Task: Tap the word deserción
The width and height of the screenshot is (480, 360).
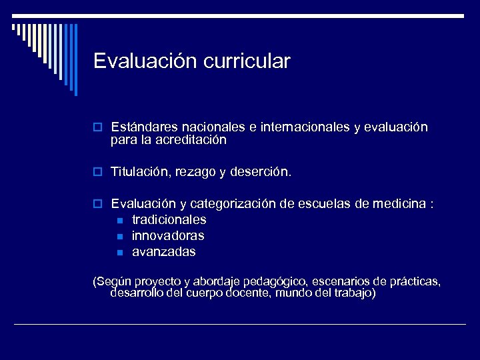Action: [x=261, y=172]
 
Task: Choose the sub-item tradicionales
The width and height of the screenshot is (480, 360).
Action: [x=169, y=219]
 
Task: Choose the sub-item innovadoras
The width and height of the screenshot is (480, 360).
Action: [x=168, y=235]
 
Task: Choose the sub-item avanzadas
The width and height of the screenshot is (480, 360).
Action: [x=164, y=252]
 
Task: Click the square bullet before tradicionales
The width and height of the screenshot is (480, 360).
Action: [x=119, y=220]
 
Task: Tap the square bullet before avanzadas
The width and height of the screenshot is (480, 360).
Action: [x=119, y=253]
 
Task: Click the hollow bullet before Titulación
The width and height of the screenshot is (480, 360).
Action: [x=97, y=173]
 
